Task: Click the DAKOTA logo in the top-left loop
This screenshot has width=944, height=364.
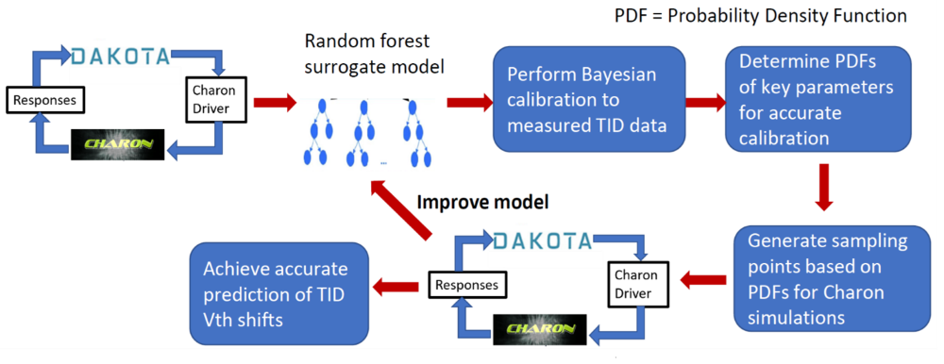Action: [122, 55]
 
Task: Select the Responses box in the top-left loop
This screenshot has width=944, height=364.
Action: [43, 98]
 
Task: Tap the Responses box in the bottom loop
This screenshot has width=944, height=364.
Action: [464, 283]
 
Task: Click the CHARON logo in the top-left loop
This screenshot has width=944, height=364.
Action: [118, 144]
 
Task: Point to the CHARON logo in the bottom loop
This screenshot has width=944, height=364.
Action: [540, 328]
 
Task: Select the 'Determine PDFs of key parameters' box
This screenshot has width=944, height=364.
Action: [818, 98]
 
